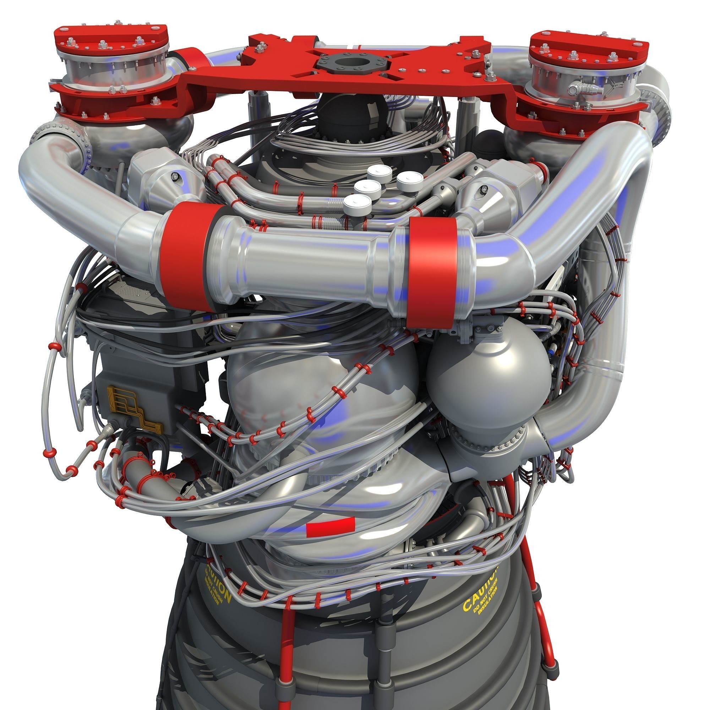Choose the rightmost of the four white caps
point(409,181)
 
